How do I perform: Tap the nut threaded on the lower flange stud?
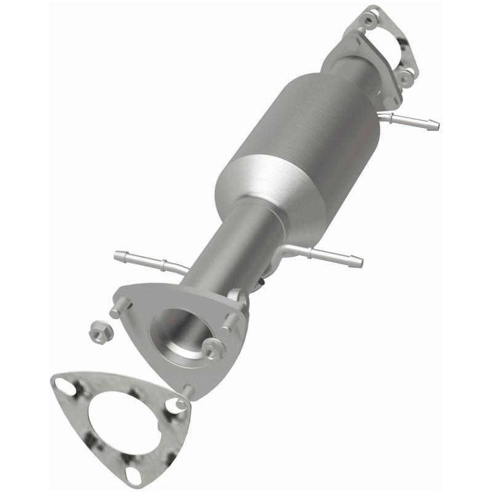(214, 350)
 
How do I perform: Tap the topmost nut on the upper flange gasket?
(368, 20)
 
